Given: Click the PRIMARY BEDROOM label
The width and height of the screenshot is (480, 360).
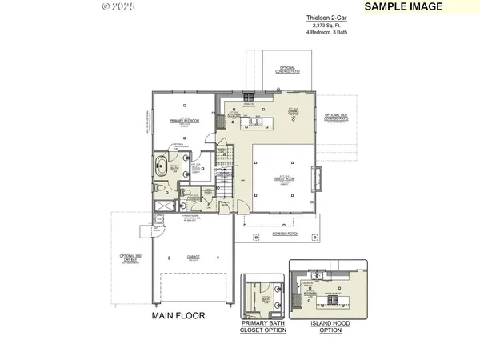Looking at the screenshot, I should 184,120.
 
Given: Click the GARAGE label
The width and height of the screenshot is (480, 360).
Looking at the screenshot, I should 193,258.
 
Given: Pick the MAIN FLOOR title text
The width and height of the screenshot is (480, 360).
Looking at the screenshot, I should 178,316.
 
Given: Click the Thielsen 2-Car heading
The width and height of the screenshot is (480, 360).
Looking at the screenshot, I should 320,17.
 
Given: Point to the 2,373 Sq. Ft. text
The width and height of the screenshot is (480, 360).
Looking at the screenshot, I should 320,25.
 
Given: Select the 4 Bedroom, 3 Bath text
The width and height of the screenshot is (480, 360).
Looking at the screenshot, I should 320,32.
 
